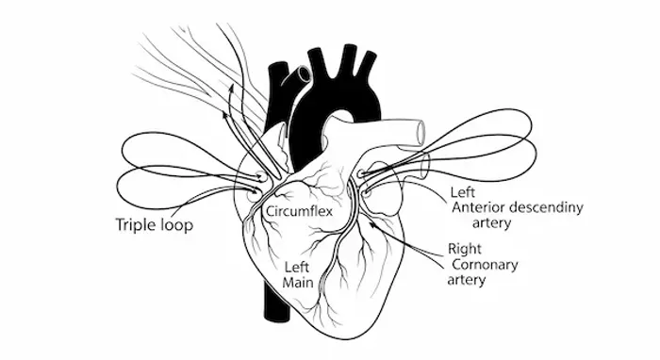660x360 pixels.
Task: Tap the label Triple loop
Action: [x=154, y=224]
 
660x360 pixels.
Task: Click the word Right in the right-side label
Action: [x=465, y=250]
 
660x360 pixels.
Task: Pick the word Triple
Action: [x=137, y=224]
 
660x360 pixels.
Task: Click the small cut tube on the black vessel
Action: [x=302, y=74]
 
